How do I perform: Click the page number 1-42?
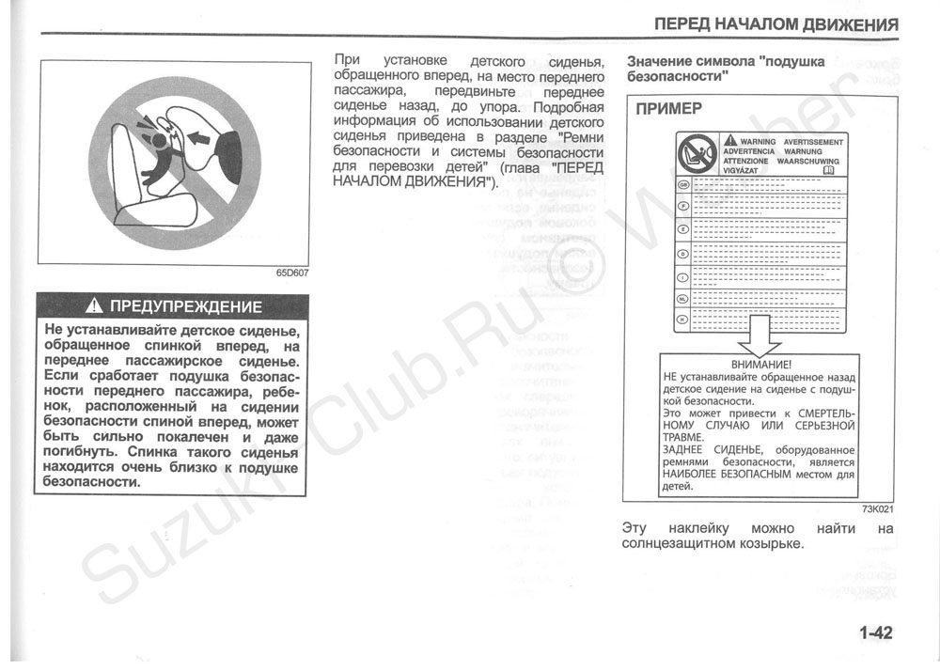click(874, 632)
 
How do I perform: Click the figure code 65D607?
click(292, 273)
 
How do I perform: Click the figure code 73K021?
click(876, 509)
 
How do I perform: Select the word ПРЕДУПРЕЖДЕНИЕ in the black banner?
click(186, 306)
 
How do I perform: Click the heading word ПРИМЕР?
click(668, 108)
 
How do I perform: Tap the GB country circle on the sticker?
click(683, 184)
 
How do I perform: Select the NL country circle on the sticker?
click(683, 299)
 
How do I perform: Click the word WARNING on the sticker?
click(759, 142)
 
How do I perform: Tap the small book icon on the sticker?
click(828, 171)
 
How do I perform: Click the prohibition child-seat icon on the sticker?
click(698, 154)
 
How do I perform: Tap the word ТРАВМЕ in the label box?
click(682, 437)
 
